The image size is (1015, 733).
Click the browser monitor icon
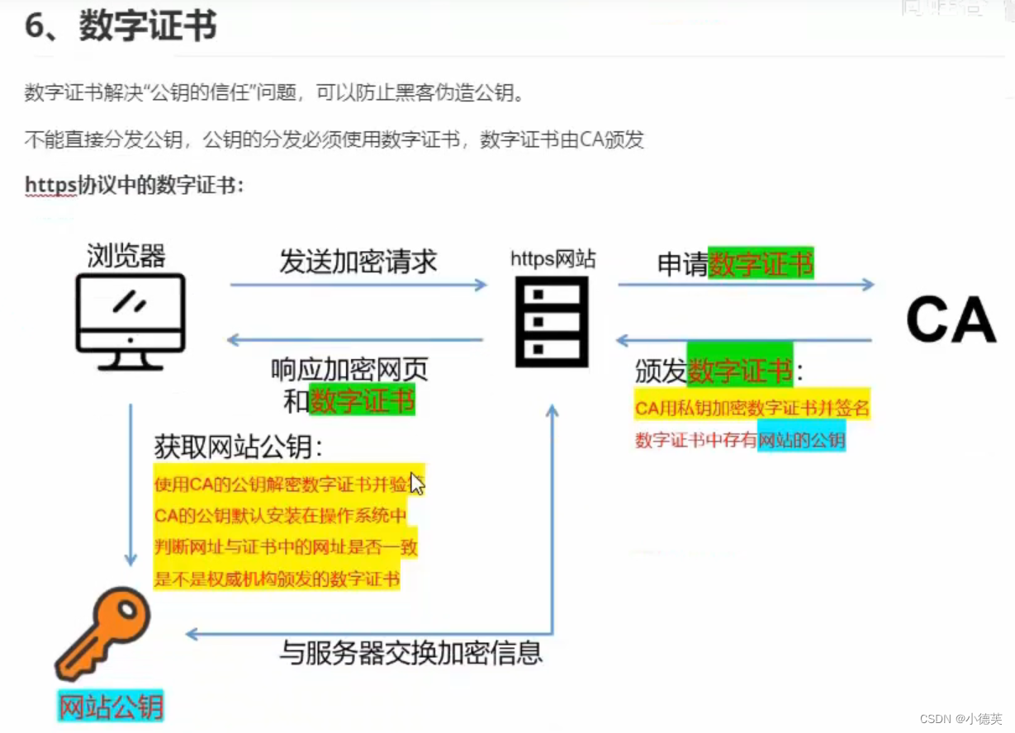pyautogui.click(x=130, y=322)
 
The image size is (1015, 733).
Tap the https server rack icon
pyautogui.click(x=552, y=321)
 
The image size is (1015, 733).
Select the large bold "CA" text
pyautogui.click(x=951, y=320)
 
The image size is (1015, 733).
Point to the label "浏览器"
pyautogui.click(x=126, y=256)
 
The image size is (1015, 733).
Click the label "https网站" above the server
pyautogui.click(x=553, y=258)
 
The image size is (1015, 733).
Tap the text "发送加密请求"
pyautogui.click(x=358, y=262)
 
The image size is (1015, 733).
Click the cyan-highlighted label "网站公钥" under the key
pyautogui.click(x=111, y=707)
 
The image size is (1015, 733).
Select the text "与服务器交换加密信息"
pyautogui.click(x=410, y=653)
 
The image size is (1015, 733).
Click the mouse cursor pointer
pyautogui.click(x=416, y=484)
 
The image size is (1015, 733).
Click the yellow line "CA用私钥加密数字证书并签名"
pyautogui.click(x=752, y=408)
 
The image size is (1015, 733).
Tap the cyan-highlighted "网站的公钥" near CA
pyautogui.click(x=802, y=441)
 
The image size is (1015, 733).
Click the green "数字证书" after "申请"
pyautogui.click(x=761, y=263)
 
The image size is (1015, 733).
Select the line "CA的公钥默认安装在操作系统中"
pyautogui.click(x=281, y=517)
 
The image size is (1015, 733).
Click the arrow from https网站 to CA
pyautogui.click(x=745, y=285)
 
